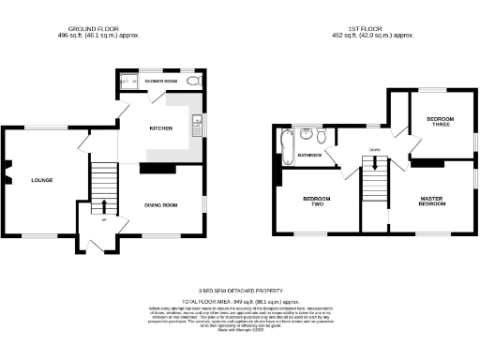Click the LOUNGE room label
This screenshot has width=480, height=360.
pyautogui.click(x=41, y=180)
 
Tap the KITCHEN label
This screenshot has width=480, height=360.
pyautogui.click(x=161, y=129)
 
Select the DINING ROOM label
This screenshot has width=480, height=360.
pyautogui.click(x=161, y=204)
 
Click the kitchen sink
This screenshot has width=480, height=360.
pyautogui.click(x=197, y=123)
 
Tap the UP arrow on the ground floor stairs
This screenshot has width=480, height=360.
pyautogui.click(x=104, y=208)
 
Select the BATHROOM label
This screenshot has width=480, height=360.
pyautogui.click(x=310, y=154)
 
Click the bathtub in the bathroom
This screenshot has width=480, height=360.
pyautogui.click(x=285, y=147)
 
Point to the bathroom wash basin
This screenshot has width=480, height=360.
pyautogui.click(x=306, y=134)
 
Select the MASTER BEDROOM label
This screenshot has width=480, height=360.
pyautogui.click(x=431, y=202)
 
